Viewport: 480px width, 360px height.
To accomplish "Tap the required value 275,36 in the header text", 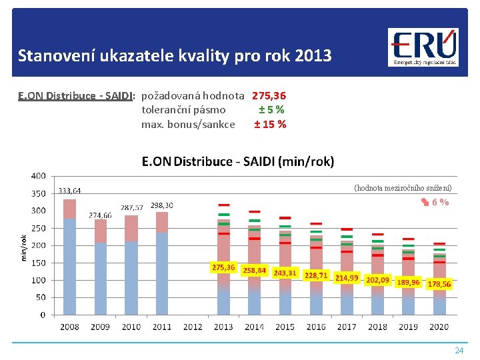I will click(x=269, y=96).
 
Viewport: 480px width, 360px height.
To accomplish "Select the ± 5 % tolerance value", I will click(x=272, y=110).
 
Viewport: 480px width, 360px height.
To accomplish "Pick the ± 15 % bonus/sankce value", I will click(x=270, y=124).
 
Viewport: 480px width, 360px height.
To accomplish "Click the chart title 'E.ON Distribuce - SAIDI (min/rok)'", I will click(x=237, y=161).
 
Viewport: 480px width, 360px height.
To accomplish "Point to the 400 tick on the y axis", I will click(x=38, y=176).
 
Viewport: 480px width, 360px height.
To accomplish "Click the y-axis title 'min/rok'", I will click(x=24, y=247).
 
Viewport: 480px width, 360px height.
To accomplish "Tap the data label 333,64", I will click(x=69, y=191).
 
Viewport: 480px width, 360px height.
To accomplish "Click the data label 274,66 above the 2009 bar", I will click(x=100, y=215).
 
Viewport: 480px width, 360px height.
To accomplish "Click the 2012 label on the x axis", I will click(x=193, y=327).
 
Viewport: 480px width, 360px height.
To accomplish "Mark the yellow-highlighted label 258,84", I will click(x=255, y=271).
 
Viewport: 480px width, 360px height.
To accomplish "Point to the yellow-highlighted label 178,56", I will click(x=439, y=284).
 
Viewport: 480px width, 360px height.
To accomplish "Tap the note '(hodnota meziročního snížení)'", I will click(x=403, y=188).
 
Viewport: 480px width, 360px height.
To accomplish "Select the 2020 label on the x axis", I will click(x=439, y=327).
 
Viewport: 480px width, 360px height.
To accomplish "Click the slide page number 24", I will click(x=459, y=350).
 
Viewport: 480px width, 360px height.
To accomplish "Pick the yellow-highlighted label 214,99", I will click(x=347, y=277).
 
